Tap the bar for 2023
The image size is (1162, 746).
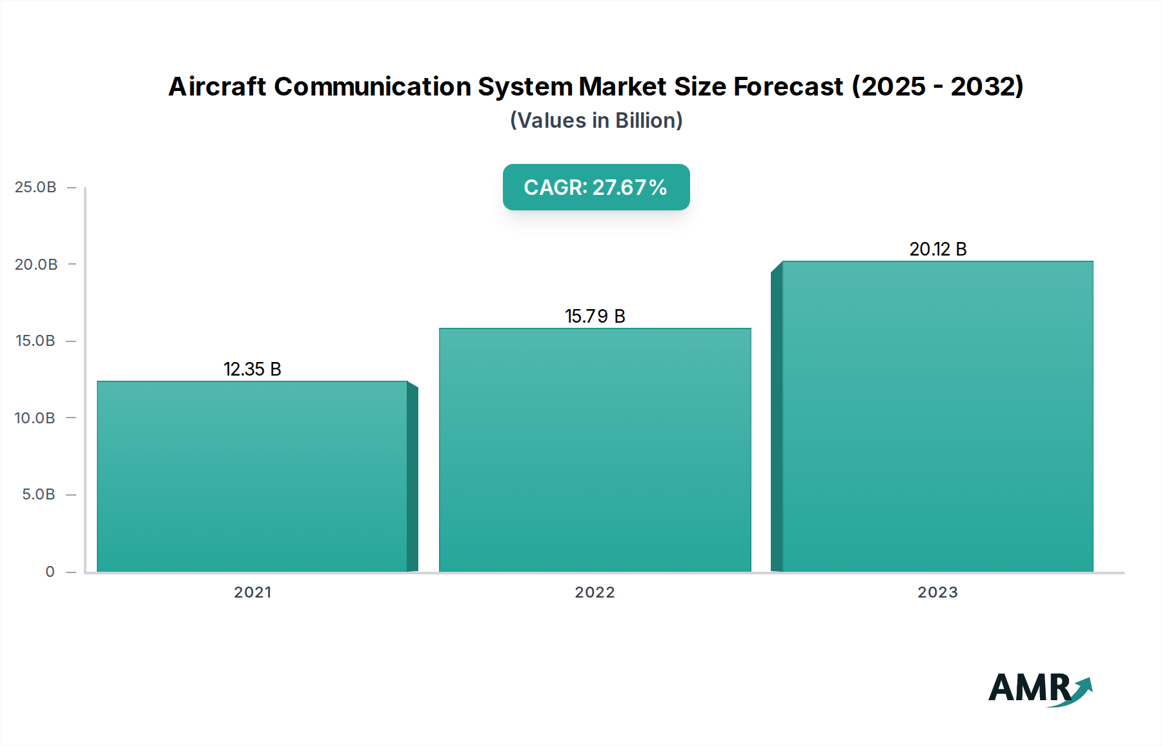click(x=937, y=416)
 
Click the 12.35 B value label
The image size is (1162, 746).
click(x=252, y=369)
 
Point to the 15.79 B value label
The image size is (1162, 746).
click(x=595, y=316)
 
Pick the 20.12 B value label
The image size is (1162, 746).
click(x=937, y=249)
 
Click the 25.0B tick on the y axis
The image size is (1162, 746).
click(x=36, y=187)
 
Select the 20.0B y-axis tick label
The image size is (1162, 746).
click(x=36, y=264)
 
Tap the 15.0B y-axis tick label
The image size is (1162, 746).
click(x=36, y=341)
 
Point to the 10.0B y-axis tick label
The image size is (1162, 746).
click(x=36, y=418)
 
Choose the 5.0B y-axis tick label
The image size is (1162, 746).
click(x=39, y=494)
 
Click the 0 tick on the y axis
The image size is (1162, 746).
click(x=50, y=572)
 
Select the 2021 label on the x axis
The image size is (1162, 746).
click(x=252, y=592)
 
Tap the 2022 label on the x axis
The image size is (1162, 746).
click(x=595, y=592)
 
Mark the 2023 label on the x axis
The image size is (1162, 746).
click(x=937, y=592)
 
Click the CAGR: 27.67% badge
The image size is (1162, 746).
click(x=596, y=187)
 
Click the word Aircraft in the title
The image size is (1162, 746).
click(x=217, y=86)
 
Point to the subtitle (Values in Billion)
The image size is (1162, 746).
click(x=596, y=121)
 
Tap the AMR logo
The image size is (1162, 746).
click(x=1039, y=689)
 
